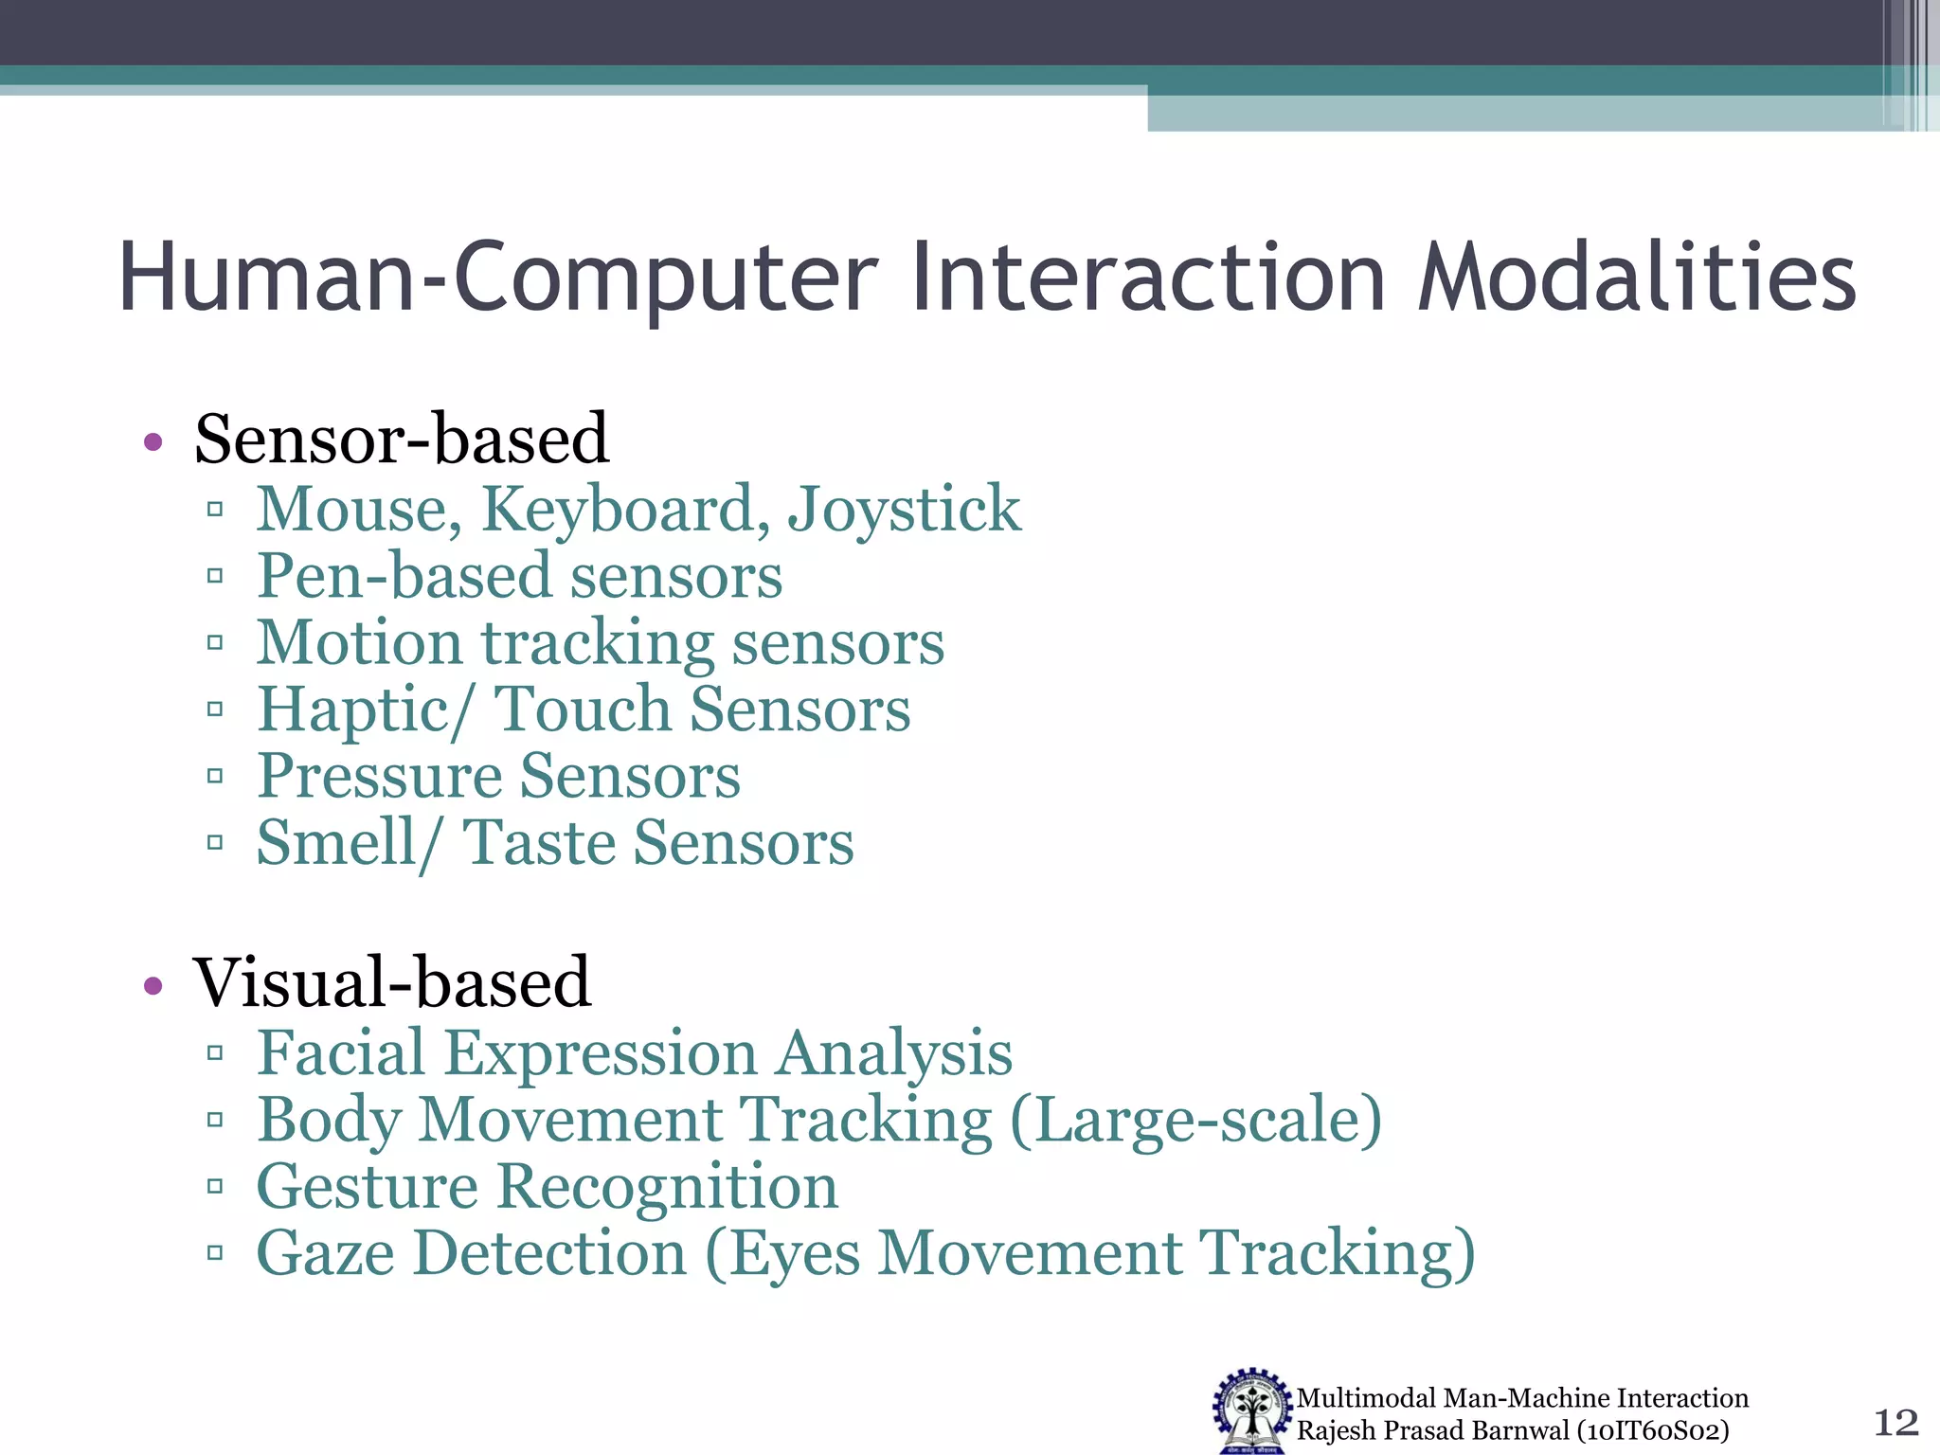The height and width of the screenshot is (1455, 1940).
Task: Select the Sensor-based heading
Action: (402, 440)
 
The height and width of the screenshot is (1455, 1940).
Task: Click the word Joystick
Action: (905, 510)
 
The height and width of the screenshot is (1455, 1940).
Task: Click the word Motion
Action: (360, 643)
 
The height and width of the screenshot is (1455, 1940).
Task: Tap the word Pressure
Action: (380, 777)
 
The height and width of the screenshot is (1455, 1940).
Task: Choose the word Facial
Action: (341, 1052)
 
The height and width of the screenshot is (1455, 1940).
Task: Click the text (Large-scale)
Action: (1196, 1121)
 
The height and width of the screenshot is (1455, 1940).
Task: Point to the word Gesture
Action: (368, 1187)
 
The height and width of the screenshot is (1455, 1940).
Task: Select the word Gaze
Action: (326, 1254)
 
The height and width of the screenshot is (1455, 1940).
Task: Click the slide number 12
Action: (1896, 1422)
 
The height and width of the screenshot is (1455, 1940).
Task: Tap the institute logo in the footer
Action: (1252, 1410)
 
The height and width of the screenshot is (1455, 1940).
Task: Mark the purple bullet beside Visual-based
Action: (153, 986)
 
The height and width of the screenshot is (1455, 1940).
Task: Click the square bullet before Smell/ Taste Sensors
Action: (215, 841)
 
